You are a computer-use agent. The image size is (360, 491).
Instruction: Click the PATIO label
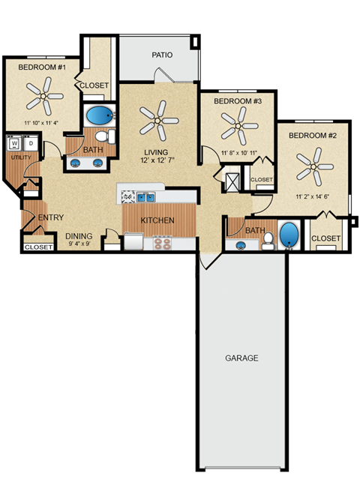click(x=162, y=55)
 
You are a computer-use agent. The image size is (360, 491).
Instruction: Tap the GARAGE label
click(x=241, y=358)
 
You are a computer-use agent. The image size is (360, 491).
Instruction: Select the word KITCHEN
click(x=157, y=220)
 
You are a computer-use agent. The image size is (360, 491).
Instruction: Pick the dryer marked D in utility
click(x=30, y=142)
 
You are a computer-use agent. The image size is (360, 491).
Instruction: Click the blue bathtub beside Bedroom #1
click(x=98, y=116)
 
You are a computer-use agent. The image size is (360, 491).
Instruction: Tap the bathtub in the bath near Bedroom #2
click(x=289, y=235)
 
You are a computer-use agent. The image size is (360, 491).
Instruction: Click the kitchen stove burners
click(x=162, y=242)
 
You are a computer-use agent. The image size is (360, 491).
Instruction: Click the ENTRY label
click(x=51, y=217)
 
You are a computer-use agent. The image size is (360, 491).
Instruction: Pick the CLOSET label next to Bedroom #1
click(x=94, y=85)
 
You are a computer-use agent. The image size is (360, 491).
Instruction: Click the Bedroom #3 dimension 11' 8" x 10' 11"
click(x=239, y=154)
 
